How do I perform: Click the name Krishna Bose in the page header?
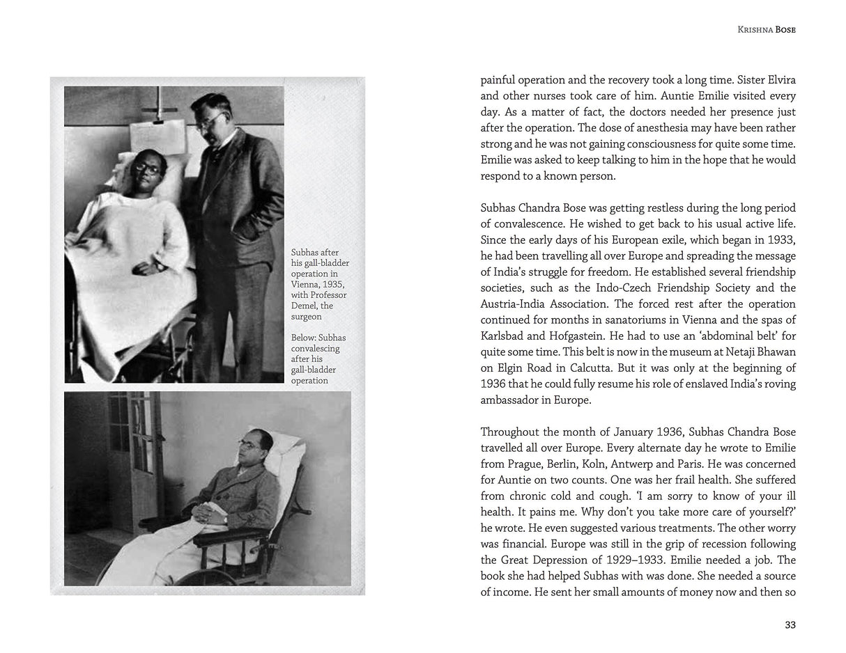766,30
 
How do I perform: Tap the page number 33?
790,624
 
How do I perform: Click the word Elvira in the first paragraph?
777,80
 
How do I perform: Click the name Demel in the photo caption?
305,306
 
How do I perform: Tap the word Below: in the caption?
305,338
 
